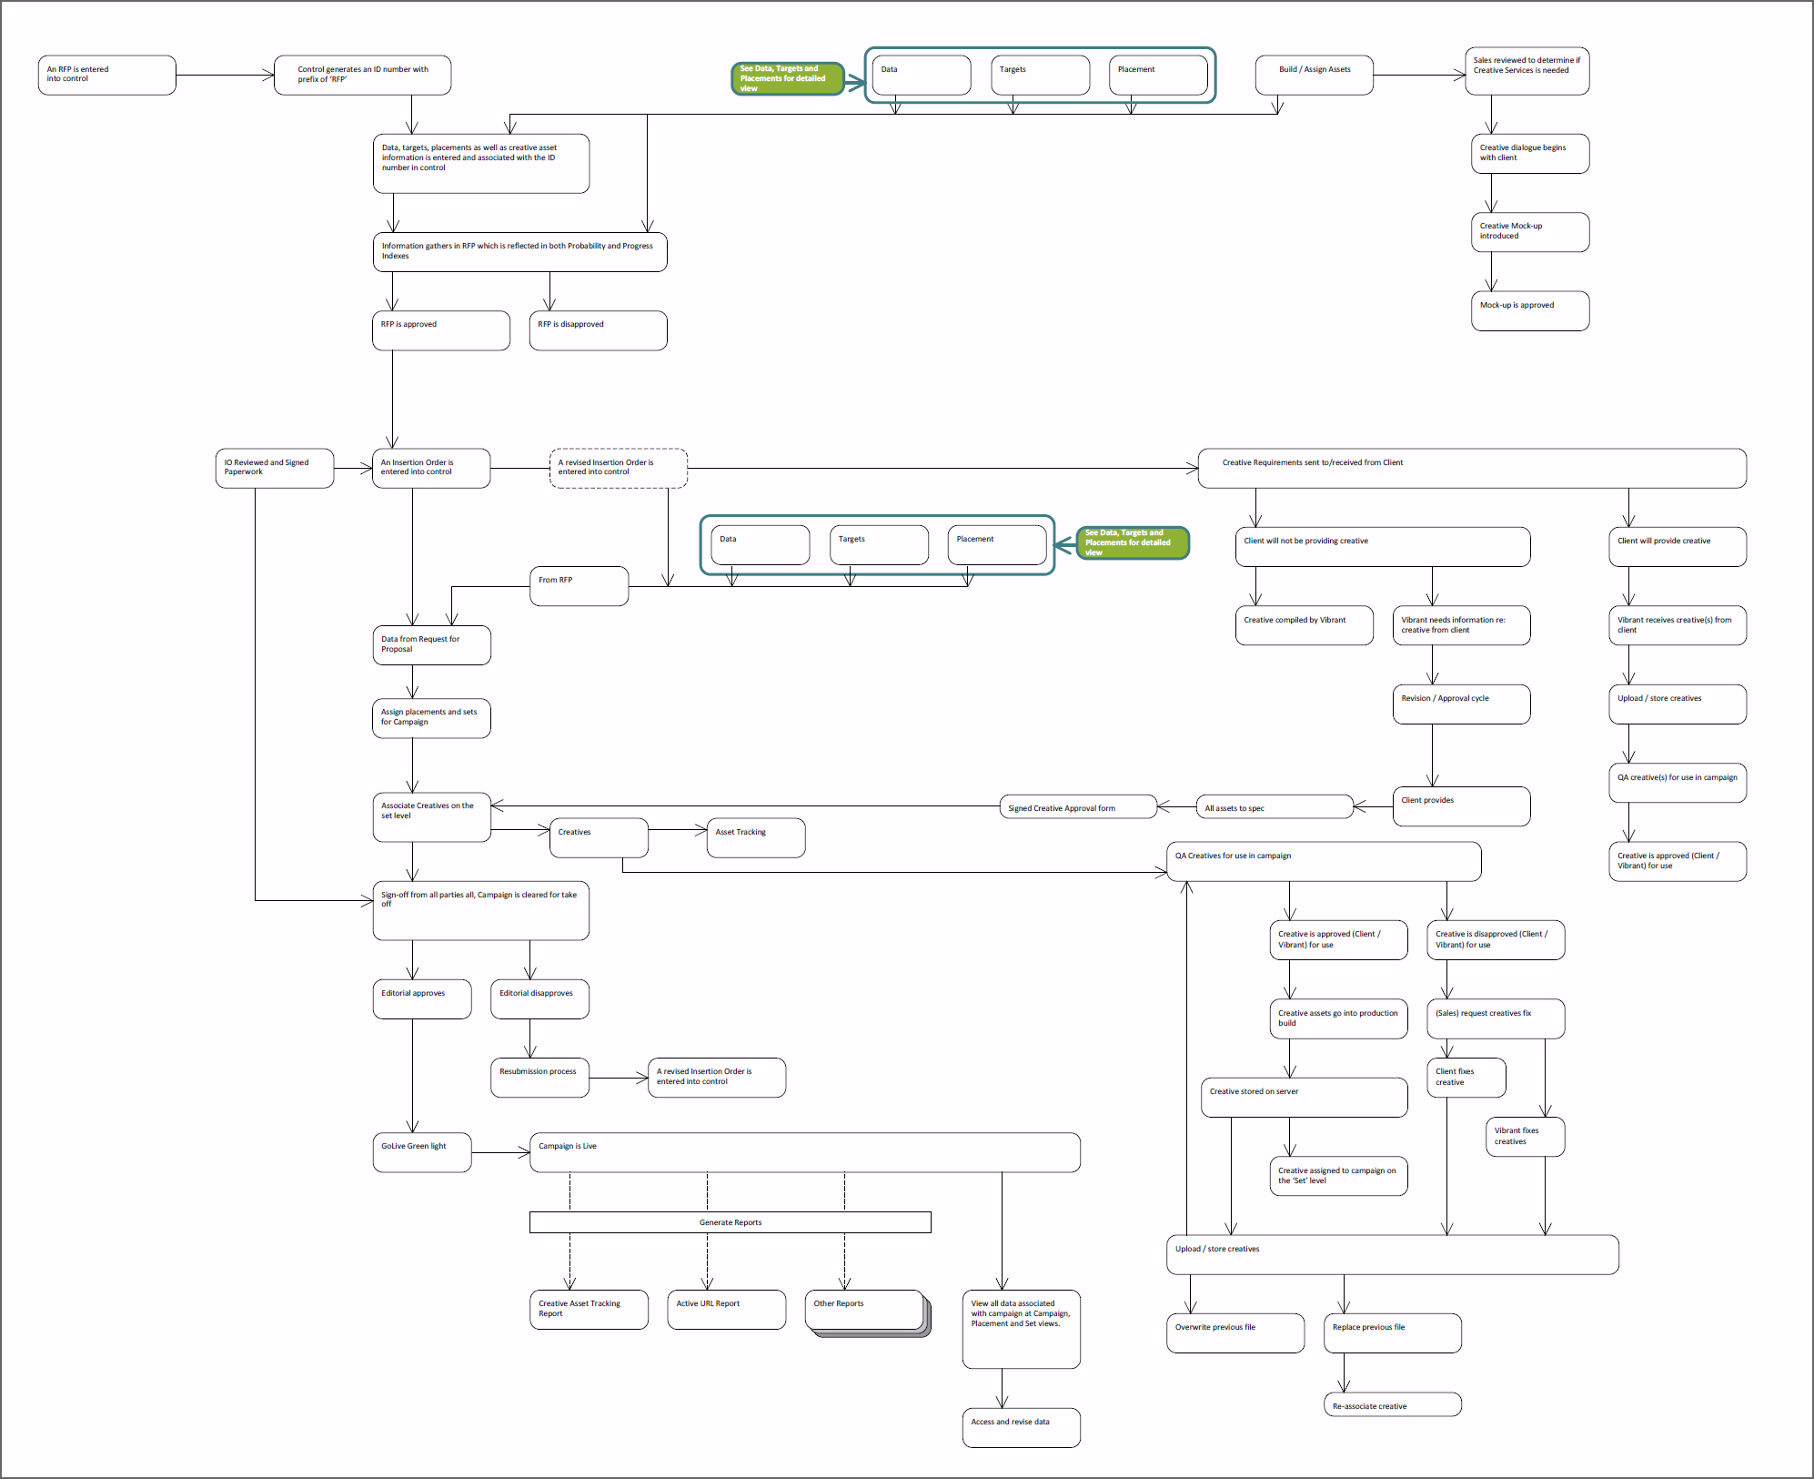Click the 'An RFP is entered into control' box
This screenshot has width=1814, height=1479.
click(106, 75)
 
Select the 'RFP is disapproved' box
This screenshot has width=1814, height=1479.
click(598, 330)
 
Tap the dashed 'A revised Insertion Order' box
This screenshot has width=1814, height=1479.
click(618, 468)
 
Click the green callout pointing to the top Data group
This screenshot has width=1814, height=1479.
click(787, 78)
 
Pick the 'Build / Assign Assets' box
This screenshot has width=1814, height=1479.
click(1314, 75)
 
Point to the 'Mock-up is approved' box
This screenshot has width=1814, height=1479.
click(1529, 310)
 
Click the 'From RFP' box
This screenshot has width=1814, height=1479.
click(579, 585)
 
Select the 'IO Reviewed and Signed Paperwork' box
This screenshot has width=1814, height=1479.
click(274, 468)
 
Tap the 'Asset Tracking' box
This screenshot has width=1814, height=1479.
click(755, 837)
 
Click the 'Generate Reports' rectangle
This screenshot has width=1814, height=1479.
click(730, 1222)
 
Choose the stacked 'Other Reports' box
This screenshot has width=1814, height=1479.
click(863, 1310)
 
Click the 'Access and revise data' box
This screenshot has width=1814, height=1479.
click(1021, 1427)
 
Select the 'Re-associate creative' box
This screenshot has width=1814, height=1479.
click(1392, 1404)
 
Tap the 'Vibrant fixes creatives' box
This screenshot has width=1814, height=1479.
click(1525, 1137)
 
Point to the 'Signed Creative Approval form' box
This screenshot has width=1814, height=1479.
click(1077, 807)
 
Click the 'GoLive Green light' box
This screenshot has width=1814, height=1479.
click(421, 1152)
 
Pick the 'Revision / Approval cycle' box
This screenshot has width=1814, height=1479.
click(1461, 704)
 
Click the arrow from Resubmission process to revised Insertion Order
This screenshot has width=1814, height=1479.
click(619, 1078)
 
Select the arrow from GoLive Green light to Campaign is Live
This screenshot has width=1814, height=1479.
click(500, 1152)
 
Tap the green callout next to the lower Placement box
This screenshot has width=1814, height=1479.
click(1133, 542)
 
